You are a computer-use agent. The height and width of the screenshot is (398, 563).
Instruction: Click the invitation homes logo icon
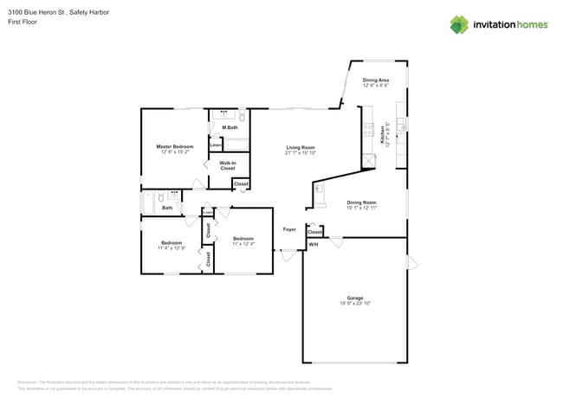pos(459,24)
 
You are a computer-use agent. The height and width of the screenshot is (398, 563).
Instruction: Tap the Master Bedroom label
pos(174,147)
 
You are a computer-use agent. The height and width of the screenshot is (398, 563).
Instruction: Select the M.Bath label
pos(230,127)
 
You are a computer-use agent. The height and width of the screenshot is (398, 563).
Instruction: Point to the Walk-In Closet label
pos(228,165)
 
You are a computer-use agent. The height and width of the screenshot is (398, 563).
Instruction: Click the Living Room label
pos(301,147)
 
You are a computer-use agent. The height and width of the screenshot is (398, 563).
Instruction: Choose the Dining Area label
pos(375,80)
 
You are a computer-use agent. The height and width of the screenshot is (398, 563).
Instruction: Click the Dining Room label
pos(362,203)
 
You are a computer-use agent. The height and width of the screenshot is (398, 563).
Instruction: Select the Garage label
pos(355,298)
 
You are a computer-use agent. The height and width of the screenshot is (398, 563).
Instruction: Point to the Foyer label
pos(289,229)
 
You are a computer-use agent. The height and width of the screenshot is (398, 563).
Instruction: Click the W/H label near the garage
pos(314,245)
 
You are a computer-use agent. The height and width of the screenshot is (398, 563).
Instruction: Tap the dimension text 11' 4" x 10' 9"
pos(171,248)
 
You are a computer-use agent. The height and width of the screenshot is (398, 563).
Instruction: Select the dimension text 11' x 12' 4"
pos(243,244)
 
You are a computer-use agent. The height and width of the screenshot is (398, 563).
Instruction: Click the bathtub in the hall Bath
pos(149,201)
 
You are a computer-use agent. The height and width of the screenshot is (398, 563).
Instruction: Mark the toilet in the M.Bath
pos(243,116)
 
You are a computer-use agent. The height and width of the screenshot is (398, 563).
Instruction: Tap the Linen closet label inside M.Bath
pos(215,145)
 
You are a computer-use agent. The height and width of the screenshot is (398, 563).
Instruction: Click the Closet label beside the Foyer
pos(314,232)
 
